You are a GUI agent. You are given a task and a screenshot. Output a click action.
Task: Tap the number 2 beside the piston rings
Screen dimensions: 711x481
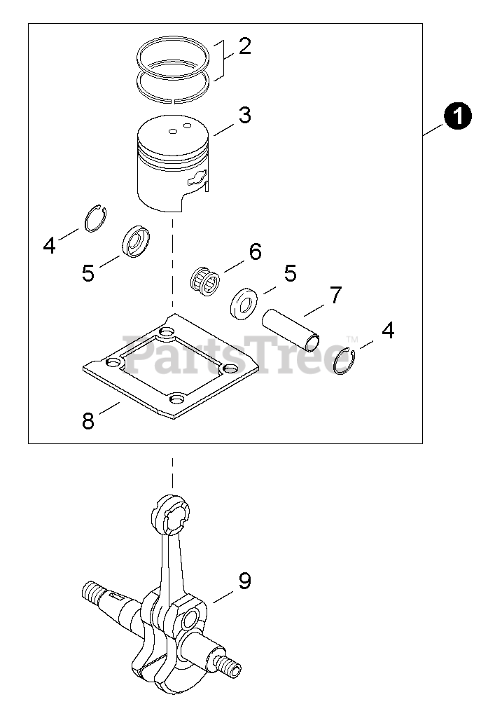click(244, 47)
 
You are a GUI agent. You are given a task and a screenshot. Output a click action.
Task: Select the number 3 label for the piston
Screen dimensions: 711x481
click(244, 115)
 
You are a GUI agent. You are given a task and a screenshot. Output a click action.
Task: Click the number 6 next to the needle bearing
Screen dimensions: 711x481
click(255, 251)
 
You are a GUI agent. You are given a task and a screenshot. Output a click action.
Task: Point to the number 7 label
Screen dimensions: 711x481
click(335, 295)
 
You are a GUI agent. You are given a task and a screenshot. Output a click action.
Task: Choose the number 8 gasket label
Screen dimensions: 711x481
click(88, 420)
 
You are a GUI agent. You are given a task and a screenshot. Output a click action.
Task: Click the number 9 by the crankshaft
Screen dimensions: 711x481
click(244, 580)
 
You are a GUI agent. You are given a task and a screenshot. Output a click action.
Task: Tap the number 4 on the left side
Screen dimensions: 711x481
click(49, 245)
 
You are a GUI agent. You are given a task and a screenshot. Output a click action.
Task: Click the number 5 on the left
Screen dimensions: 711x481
click(88, 273)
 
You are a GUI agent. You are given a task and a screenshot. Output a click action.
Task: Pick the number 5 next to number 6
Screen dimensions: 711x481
click(289, 272)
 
